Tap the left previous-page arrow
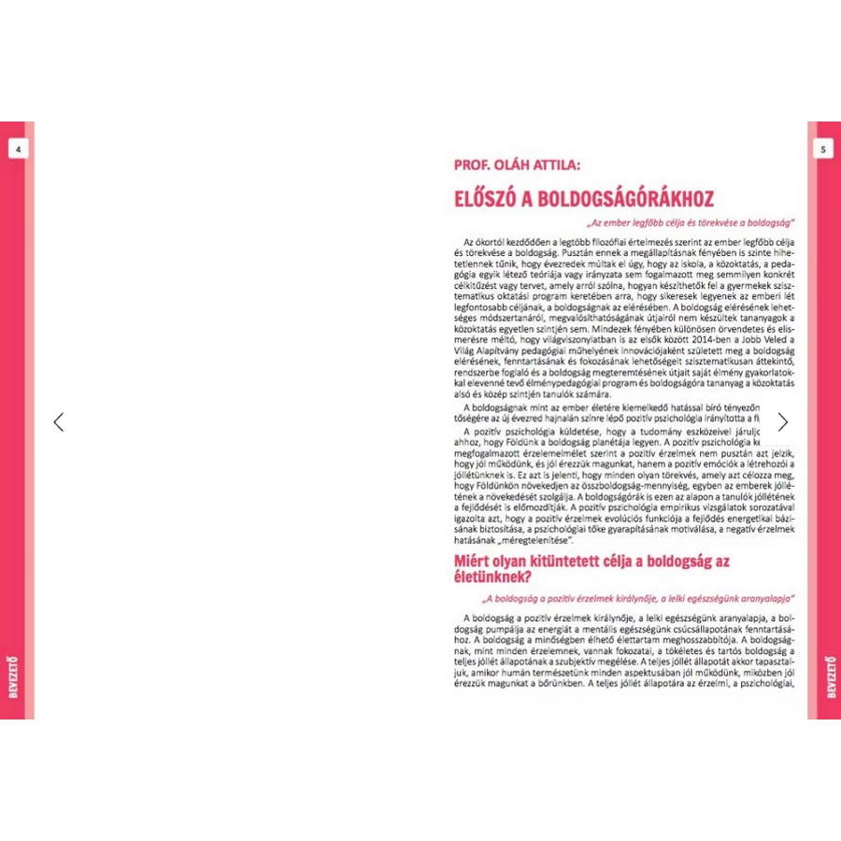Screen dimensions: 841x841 pos(58,422)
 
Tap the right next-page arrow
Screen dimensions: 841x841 pos(782,422)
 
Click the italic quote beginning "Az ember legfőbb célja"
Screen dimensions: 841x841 pos(691,223)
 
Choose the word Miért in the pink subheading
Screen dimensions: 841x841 pos(475,563)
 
